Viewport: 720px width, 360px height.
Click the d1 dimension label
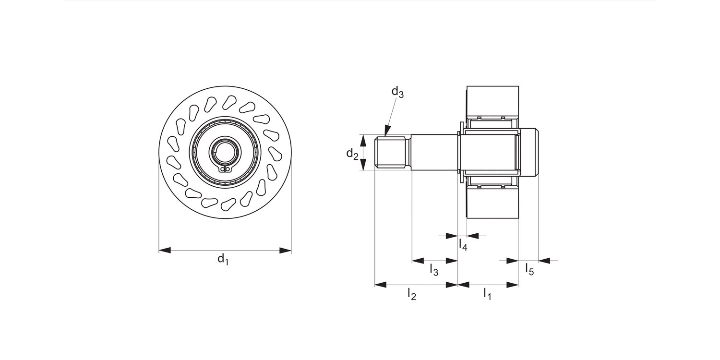coord(223,260)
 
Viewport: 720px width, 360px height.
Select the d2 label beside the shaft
coord(352,154)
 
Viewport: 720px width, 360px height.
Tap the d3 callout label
coord(397,92)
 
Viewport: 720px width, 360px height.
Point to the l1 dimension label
coord(487,294)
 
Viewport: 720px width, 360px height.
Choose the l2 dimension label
coord(411,294)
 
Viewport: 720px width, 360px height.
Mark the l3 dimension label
coord(434,270)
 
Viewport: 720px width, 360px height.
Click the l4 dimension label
coord(463,245)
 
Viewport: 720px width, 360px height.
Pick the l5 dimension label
coord(529,269)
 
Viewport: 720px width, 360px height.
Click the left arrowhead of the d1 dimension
coord(165,251)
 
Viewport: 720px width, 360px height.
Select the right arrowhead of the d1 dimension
coord(286,251)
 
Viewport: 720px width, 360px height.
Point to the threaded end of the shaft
coord(391,153)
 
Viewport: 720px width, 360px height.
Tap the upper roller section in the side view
coord(493,100)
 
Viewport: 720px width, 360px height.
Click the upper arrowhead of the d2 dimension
coord(364,140)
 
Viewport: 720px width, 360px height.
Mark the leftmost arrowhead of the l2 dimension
coord(380,285)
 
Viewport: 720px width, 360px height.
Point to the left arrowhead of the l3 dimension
coord(418,261)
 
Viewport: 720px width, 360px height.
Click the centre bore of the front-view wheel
coord(225,151)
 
